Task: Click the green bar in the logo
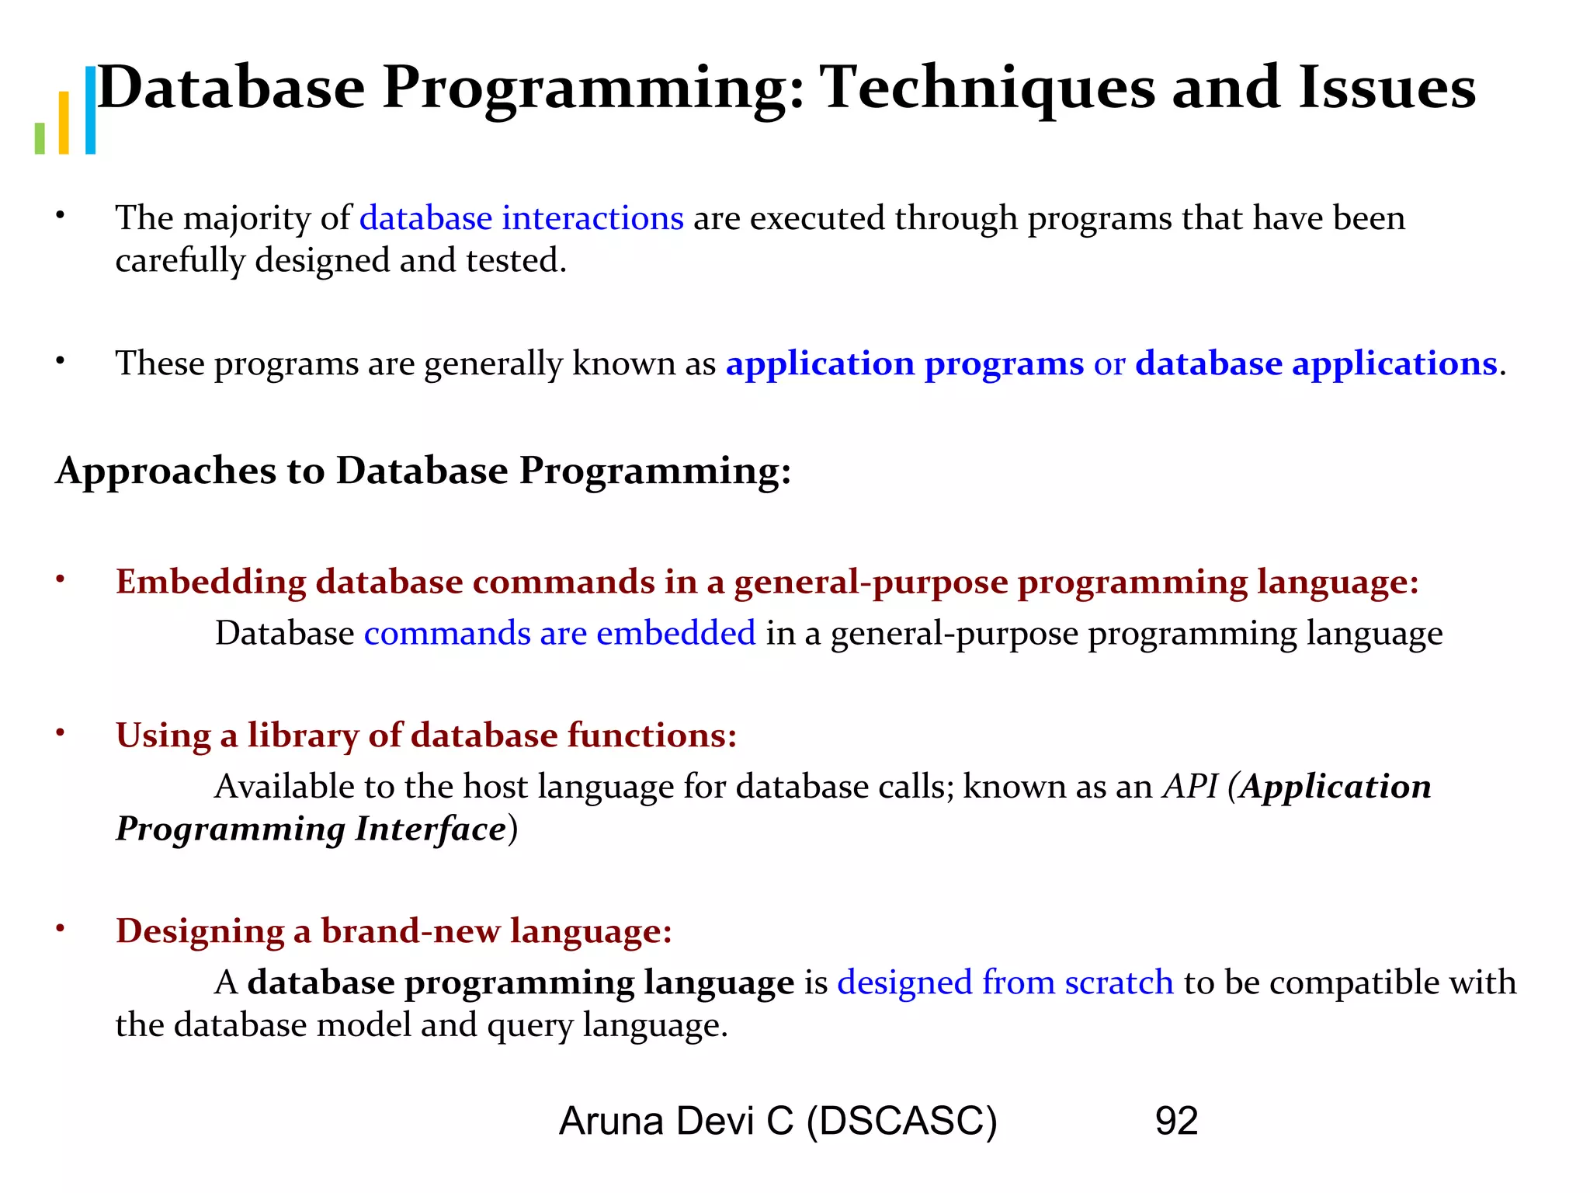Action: [x=40, y=138]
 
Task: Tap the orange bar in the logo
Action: [x=64, y=123]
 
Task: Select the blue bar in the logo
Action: [x=90, y=110]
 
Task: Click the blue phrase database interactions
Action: [x=521, y=218]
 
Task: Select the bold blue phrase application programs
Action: [x=904, y=363]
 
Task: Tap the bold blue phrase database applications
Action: [x=1316, y=363]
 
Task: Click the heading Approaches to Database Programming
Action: [x=423, y=471]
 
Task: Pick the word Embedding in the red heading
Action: [x=210, y=583]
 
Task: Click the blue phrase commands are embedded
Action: [x=560, y=634]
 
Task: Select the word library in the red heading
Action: [x=303, y=736]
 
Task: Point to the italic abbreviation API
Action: [x=1189, y=787]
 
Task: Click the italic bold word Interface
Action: [x=431, y=829]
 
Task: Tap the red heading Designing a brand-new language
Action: [x=394, y=931]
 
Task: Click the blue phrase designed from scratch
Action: [x=1005, y=983]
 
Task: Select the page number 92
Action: [x=1176, y=1121]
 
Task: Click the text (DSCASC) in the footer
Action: [x=901, y=1122]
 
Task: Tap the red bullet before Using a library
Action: [x=60, y=733]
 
